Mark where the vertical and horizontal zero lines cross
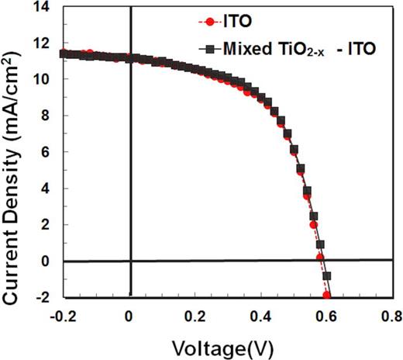[129, 261]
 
